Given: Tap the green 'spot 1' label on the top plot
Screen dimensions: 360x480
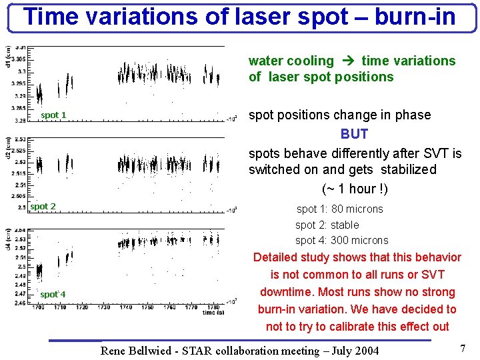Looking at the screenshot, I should tap(53, 115).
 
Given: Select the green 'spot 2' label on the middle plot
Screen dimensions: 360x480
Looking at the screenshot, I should tap(43, 207).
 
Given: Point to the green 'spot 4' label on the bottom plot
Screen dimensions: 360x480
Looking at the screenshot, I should tap(53, 295).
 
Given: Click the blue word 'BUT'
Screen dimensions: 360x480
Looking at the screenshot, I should tap(354, 134).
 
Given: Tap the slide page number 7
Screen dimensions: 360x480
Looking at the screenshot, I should tap(462, 349).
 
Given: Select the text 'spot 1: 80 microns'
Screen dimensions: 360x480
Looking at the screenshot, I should tap(339, 209).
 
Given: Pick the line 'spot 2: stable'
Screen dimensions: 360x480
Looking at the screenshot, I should tap(327, 225).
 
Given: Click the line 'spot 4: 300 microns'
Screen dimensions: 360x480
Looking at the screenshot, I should tap(341, 241).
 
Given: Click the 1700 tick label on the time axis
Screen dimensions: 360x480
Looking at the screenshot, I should tap(38, 307).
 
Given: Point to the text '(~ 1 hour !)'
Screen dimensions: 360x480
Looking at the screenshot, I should tap(355, 189).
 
